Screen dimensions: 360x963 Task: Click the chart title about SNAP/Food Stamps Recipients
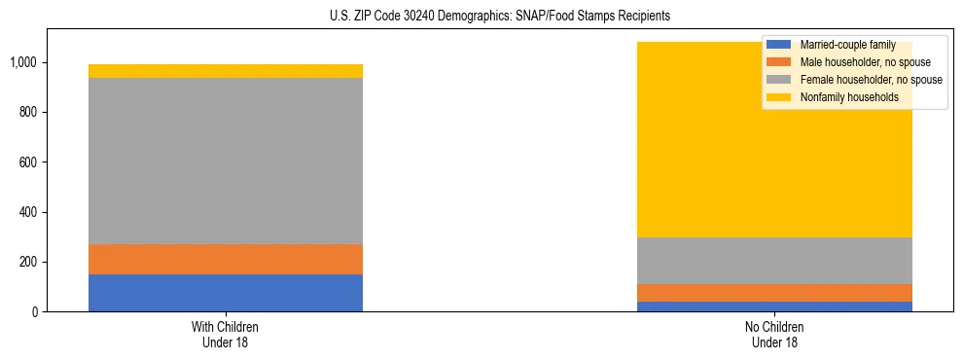[481, 17]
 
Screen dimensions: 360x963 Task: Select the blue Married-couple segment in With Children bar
[226, 293]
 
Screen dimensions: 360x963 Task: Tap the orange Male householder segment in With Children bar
[226, 259]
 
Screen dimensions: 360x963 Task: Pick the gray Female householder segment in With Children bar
[226, 161]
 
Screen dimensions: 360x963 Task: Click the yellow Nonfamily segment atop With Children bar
[226, 71]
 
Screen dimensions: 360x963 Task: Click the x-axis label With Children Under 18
[226, 335]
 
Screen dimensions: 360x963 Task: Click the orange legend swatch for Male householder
[779, 62]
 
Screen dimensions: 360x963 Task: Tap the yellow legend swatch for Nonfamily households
[779, 97]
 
